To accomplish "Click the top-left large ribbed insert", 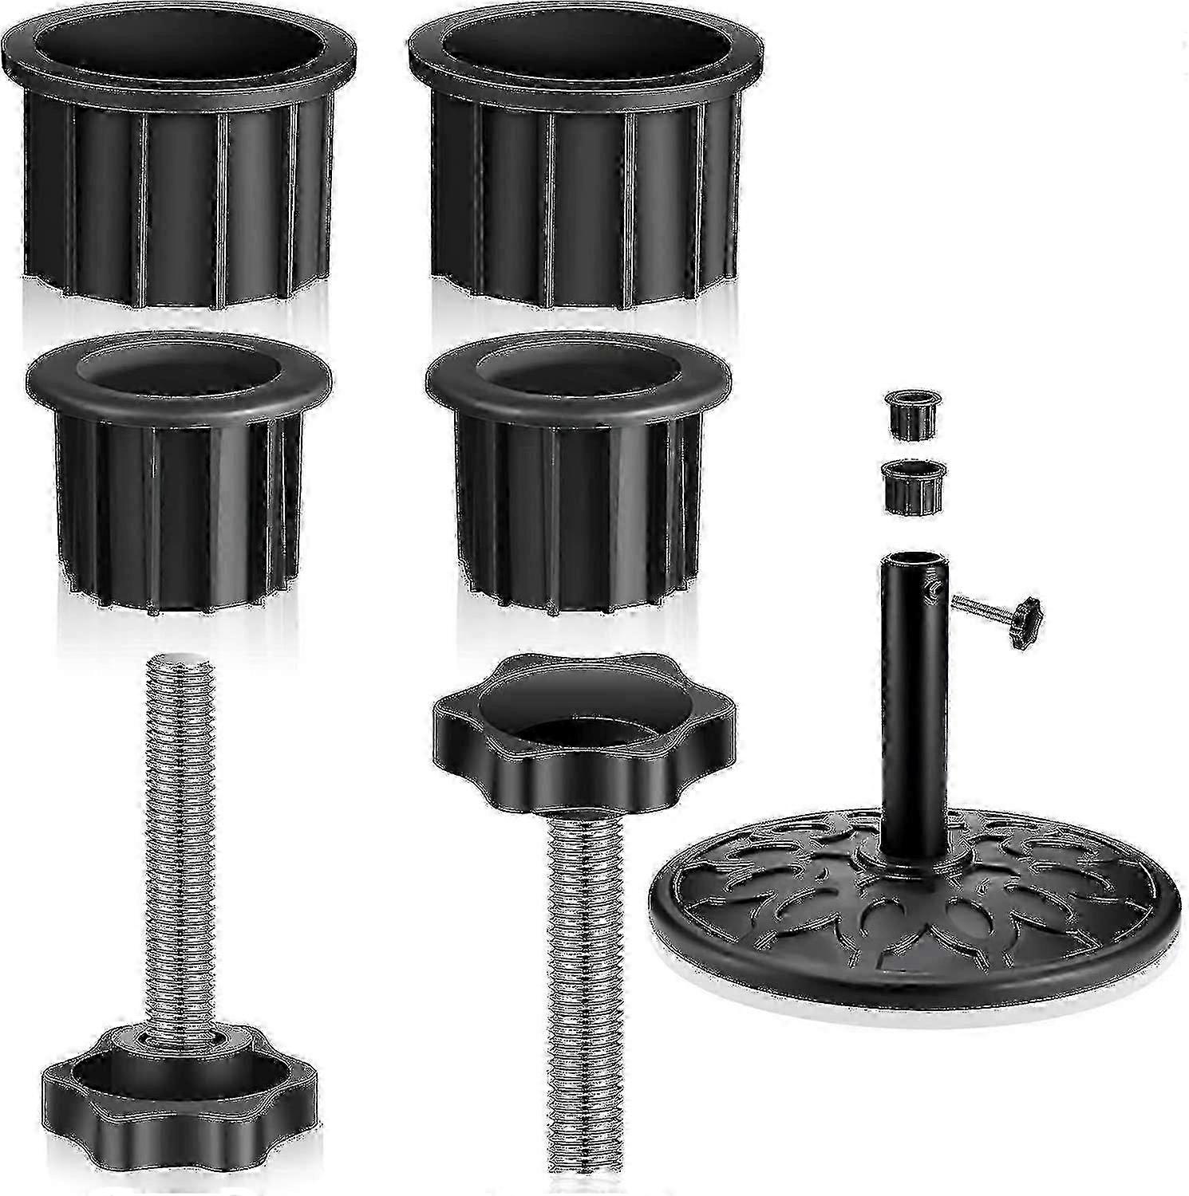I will pyautogui.click(x=180, y=199).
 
